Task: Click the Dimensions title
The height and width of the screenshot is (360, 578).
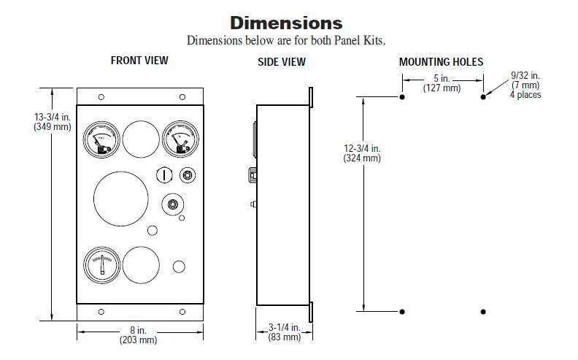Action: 286,23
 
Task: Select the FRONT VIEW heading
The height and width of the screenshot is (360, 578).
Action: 139,61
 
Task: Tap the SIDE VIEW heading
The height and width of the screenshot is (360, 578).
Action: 282,62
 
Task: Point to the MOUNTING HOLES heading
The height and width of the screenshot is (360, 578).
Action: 441,62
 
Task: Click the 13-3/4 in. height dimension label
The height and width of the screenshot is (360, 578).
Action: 52,121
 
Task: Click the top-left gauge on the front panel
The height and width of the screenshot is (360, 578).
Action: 101,139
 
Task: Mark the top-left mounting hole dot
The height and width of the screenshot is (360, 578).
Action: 402,96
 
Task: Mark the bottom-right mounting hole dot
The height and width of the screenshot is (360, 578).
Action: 482,312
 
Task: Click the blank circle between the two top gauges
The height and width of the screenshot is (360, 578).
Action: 139,137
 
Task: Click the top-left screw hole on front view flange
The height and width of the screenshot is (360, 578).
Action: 101,97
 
